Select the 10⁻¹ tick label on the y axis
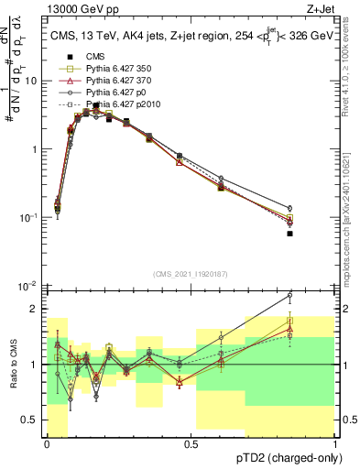tap(29, 218)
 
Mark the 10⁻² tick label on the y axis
tap(29, 287)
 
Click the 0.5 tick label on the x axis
tap(191, 444)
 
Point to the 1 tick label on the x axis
tap(334, 444)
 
